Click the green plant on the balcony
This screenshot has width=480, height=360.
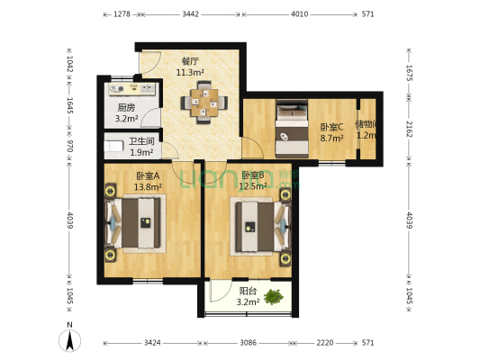(275, 293)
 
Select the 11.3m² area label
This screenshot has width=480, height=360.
(189, 72)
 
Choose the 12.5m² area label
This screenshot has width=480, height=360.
(254, 186)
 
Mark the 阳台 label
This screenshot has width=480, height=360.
(248, 291)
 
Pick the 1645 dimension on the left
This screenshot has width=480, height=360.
(68, 110)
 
